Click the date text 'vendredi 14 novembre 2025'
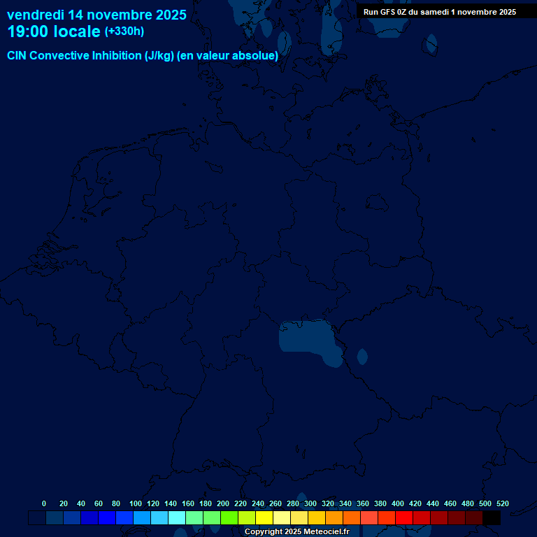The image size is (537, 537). click(x=96, y=15)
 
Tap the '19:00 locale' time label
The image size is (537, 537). click(x=54, y=31)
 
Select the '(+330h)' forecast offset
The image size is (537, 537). click(x=124, y=31)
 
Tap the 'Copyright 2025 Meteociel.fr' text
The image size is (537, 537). click(x=296, y=532)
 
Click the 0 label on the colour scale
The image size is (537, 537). click(x=44, y=503)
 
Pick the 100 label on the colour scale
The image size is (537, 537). click(x=136, y=503)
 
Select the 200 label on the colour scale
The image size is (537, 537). click(x=223, y=503)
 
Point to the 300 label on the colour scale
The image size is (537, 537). click(x=310, y=503)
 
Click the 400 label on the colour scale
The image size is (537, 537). click(x=398, y=503)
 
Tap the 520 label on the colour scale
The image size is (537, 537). click(x=502, y=503)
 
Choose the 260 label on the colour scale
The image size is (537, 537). click(x=275, y=503)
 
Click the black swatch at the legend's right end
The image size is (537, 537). click(x=492, y=518)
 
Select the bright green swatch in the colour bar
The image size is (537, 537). click(x=229, y=518)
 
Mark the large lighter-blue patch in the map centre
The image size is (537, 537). click(x=306, y=336)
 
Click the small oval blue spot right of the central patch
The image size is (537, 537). click(x=362, y=357)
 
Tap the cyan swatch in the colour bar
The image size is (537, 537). click(x=177, y=518)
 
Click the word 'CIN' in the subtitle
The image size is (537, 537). click(x=17, y=56)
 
